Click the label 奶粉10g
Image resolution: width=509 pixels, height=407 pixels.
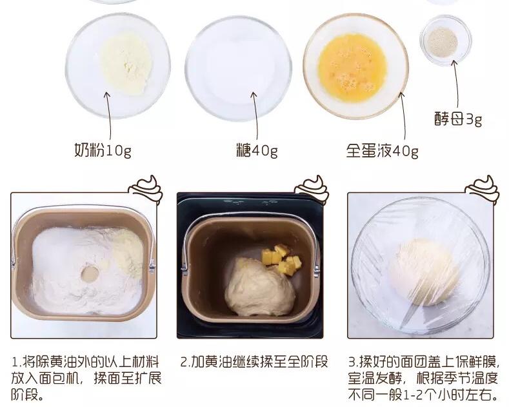(x=103, y=151)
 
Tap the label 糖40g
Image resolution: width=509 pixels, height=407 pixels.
(x=256, y=151)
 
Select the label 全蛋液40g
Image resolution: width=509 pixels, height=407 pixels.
(x=382, y=151)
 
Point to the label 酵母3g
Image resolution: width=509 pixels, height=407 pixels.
(x=457, y=119)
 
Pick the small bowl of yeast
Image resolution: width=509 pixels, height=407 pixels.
(x=444, y=41)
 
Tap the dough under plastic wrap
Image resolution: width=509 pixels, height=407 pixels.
(x=423, y=271)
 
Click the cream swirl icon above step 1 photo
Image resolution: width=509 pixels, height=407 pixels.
(x=147, y=188)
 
